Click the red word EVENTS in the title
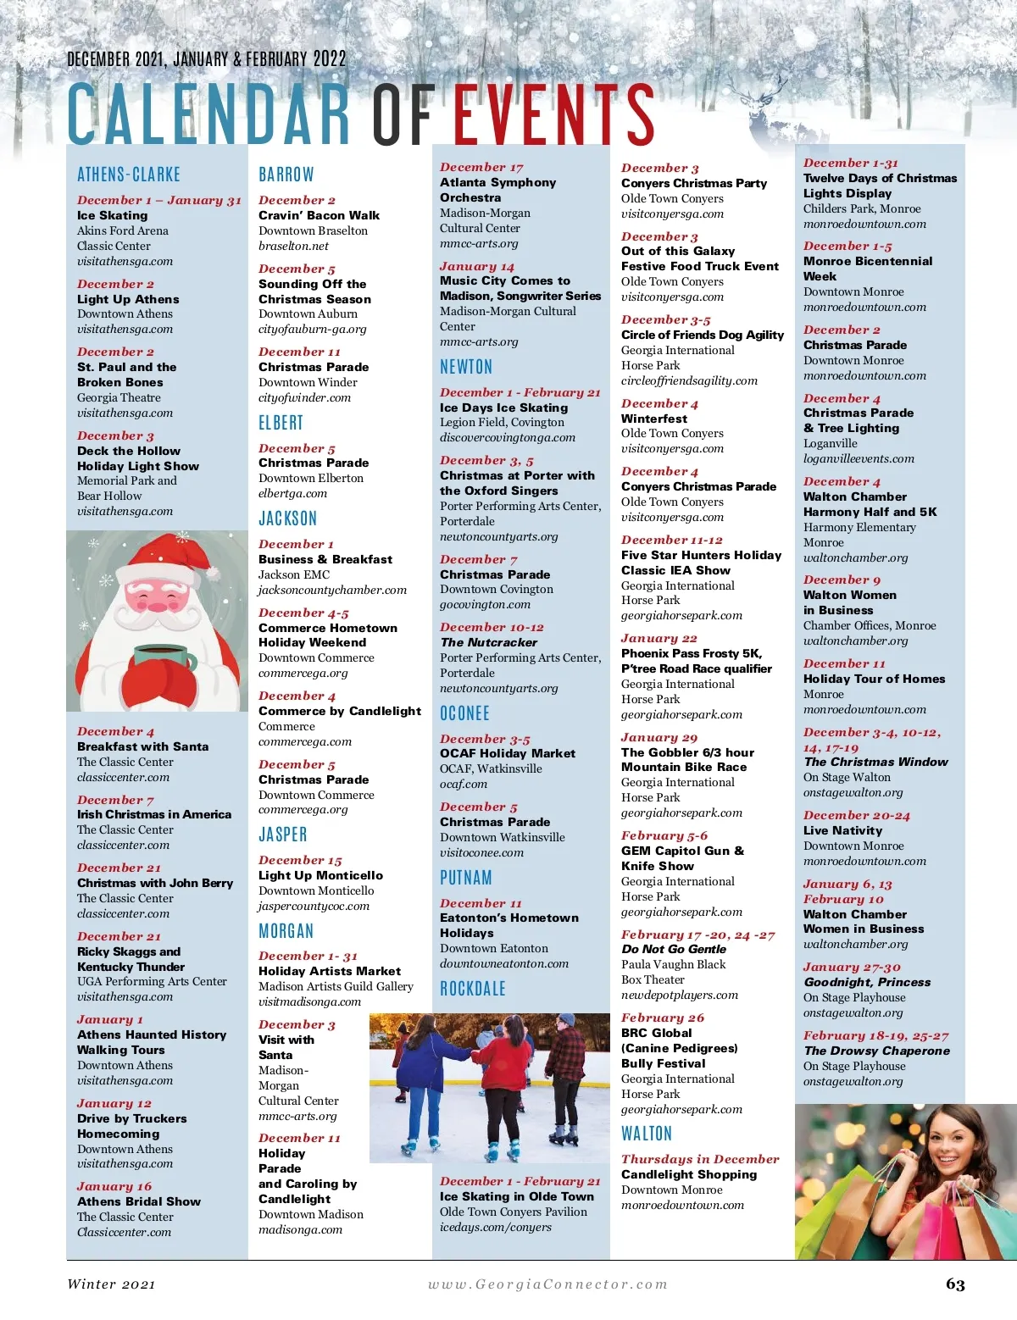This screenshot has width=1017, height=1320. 553,114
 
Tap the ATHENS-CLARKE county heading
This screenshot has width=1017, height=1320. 129,175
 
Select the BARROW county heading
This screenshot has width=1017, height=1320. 286,175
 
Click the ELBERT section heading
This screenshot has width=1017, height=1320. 281,423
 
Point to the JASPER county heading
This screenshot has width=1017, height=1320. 283,835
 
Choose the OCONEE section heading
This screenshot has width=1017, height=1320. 464,713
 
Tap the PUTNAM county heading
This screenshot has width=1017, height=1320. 466,878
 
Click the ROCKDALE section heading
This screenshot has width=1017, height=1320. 473,989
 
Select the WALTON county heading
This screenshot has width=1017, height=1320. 647,1134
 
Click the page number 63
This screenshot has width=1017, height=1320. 955,1284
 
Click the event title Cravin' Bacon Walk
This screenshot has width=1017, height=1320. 319,215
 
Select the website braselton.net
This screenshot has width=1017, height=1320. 293,246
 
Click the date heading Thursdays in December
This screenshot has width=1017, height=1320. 700,1159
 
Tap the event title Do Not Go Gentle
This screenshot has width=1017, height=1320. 674,949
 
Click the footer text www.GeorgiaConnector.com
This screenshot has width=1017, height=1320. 547,1284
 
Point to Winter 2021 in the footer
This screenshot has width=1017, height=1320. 111,1284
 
